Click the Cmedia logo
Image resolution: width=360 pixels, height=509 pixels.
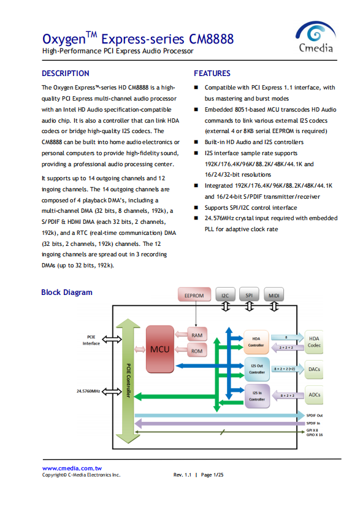coord(315,37)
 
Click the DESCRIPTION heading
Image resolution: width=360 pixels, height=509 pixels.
coord(65,74)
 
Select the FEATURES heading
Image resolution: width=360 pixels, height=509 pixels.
coord(212,74)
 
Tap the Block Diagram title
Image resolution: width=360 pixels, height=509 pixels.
coord(67,292)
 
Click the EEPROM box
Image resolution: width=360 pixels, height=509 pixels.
coord(194,295)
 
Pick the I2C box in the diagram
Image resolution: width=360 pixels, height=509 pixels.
coord(225,295)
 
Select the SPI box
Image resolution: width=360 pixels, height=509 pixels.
coord(249,295)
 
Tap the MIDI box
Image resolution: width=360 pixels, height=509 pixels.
coord(274,295)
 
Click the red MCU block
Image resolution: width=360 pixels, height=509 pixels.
coord(159,349)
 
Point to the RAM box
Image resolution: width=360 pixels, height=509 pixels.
coord(197,335)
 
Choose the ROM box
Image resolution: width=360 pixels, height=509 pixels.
coord(197,351)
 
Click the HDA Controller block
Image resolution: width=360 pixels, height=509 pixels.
coord(256,342)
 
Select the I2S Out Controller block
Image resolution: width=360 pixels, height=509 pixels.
coord(257,369)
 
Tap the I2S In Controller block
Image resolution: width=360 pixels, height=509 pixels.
coord(257,396)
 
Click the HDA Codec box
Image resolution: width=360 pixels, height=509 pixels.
coord(314,342)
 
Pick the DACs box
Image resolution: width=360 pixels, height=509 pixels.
coord(314,369)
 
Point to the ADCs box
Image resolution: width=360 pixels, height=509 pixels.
coord(314,395)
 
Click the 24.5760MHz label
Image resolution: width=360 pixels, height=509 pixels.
coord(88,391)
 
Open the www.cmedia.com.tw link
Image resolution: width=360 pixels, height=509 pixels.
coord(72,468)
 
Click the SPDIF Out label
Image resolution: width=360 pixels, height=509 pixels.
coord(315,416)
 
